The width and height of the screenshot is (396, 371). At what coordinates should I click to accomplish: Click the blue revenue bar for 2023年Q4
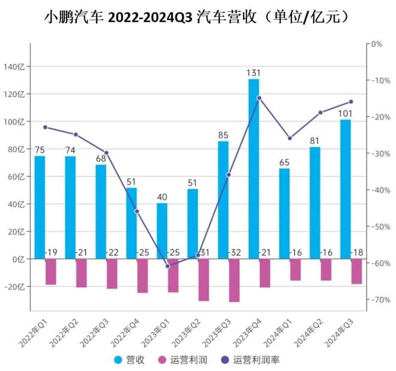pyautogui.click(x=254, y=168)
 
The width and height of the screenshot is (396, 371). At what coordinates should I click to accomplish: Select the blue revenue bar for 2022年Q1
pyautogui.click(x=40, y=207)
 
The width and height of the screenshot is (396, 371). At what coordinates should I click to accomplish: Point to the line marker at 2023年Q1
pyautogui.click(x=167, y=266)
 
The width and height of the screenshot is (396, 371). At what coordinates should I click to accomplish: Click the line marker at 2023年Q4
pyautogui.click(x=259, y=98)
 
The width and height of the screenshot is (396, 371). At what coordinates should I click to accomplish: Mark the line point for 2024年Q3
pyautogui.click(x=351, y=101)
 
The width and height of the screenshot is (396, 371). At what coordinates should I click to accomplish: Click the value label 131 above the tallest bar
pyautogui.click(x=253, y=73)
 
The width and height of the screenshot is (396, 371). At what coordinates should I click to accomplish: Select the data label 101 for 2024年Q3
pyautogui.click(x=345, y=113)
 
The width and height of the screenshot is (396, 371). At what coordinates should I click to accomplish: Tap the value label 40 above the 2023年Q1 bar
pyautogui.click(x=161, y=197)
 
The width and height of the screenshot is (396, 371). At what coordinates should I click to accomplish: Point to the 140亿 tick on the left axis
pyautogui.click(x=13, y=67)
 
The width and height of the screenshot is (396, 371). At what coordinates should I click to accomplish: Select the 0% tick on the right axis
pyautogui.click(x=377, y=44)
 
